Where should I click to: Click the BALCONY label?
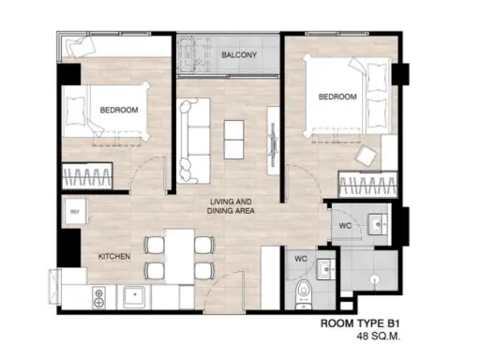[x=239, y=55]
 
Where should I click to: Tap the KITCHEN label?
[x=114, y=257]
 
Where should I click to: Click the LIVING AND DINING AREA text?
[x=231, y=206]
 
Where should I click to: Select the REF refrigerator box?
[x=75, y=212]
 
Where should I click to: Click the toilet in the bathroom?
[x=303, y=294]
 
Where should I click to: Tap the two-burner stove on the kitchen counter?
[x=98, y=298]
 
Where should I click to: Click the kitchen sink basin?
[x=134, y=296]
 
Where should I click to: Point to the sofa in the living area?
[x=193, y=141]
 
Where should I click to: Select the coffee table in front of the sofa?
[x=233, y=140]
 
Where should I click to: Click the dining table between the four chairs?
[x=179, y=257]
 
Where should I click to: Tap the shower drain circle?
[x=374, y=279]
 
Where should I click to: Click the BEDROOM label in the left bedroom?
[x=119, y=110]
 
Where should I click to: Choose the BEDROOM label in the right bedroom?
[x=337, y=97]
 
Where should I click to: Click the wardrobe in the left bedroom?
[x=87, y=176]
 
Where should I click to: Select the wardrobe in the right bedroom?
[x=367, y=184]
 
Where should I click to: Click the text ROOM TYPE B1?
[x=360, y=323]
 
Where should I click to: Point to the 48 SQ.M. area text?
[x=379, y=337]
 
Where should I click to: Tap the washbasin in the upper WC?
[x=378, y=224]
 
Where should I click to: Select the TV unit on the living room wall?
[x=273, y=141]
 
